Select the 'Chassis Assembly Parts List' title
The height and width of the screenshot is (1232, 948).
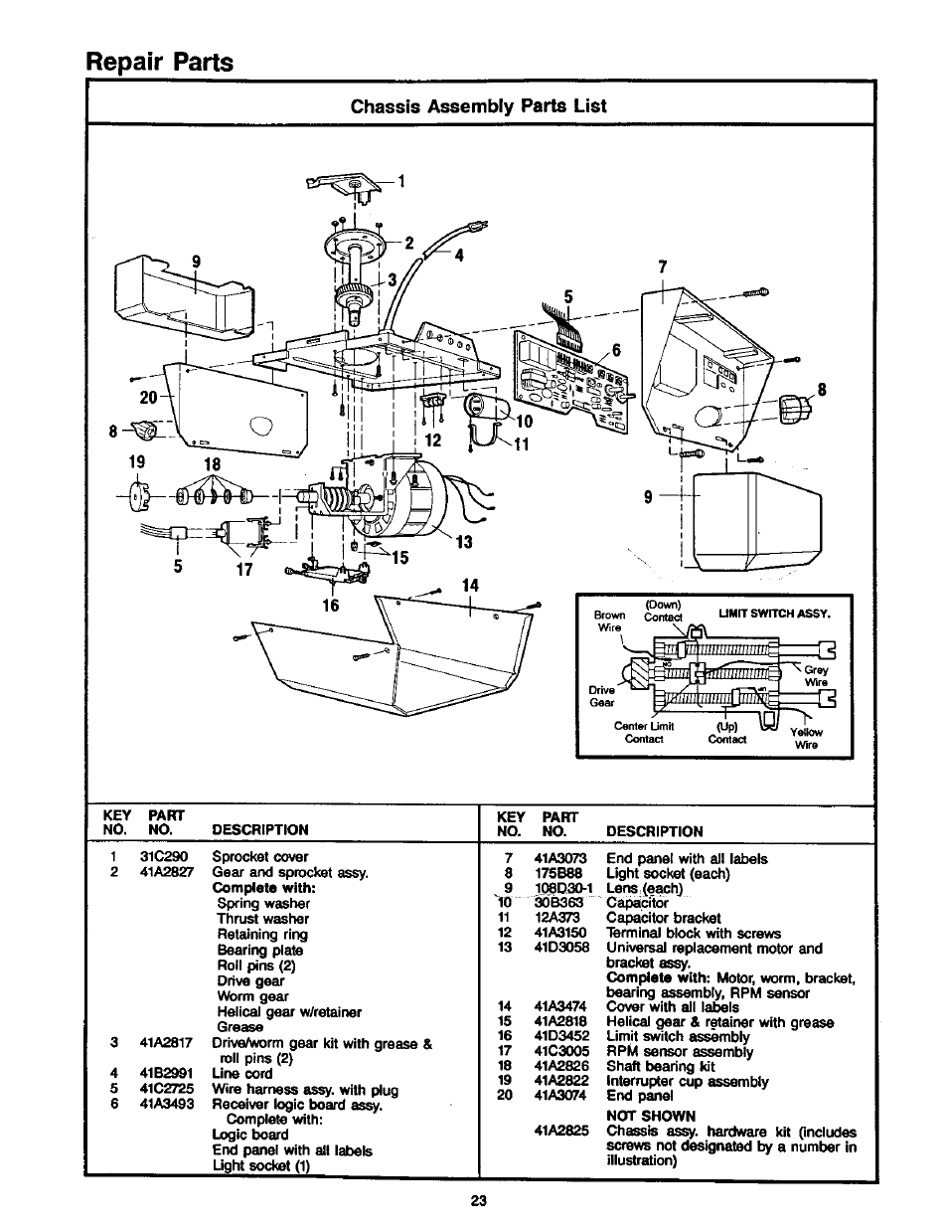coord(480,106)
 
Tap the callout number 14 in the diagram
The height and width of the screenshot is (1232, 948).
coord(463,587)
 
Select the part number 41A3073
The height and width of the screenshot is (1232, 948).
coord(560,858)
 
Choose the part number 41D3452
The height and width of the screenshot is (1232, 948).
coord(560,1036)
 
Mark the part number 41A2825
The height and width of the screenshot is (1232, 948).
coord(560,1132)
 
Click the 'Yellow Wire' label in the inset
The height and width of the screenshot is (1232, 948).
coord(806,738)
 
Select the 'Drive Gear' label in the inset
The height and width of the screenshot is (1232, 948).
coord(602,696)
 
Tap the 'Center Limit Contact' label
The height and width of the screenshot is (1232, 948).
coord(644,732)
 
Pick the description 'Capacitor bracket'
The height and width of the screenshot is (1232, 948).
coord(664,918)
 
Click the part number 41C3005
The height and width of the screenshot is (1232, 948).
coord(560,1051)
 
